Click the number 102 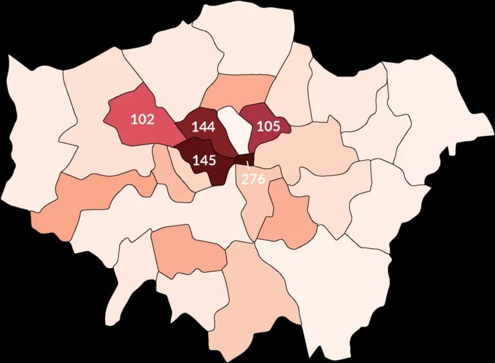tap(142, 119)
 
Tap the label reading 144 tap(203, 127)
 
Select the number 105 tap(268, 126)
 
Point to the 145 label tap(204, 160)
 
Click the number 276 tap(253, 179)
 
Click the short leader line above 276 tap(248, 168)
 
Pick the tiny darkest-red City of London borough tap(244, 159)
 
